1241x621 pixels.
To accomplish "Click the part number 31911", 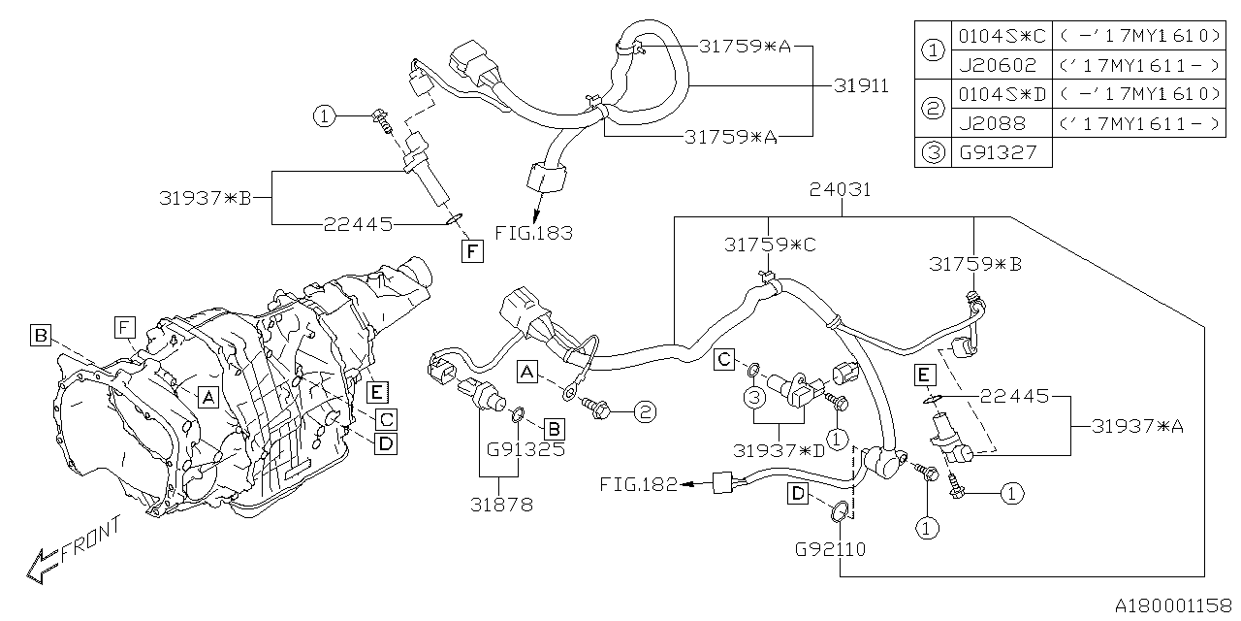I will pyautogui.click(x=861, y=86).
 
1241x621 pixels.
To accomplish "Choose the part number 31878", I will pyautogui.click(x=502, y=504).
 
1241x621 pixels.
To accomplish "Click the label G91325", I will pyautogui.click(x=525, y=450).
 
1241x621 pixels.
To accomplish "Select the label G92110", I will pyautogui.click(x=830, y=549).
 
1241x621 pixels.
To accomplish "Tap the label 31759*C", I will pyautogui.click(x=770, y=245).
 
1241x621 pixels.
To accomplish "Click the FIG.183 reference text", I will pyautogui.click(x=533, y=233).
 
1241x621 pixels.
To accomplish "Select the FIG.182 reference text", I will pyautogui.click(x=638, y=483).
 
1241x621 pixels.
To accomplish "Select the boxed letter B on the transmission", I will pyautogui.click(x=40, y=336).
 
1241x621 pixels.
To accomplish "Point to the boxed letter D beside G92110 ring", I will pyautogui.click(x=797, y=495).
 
